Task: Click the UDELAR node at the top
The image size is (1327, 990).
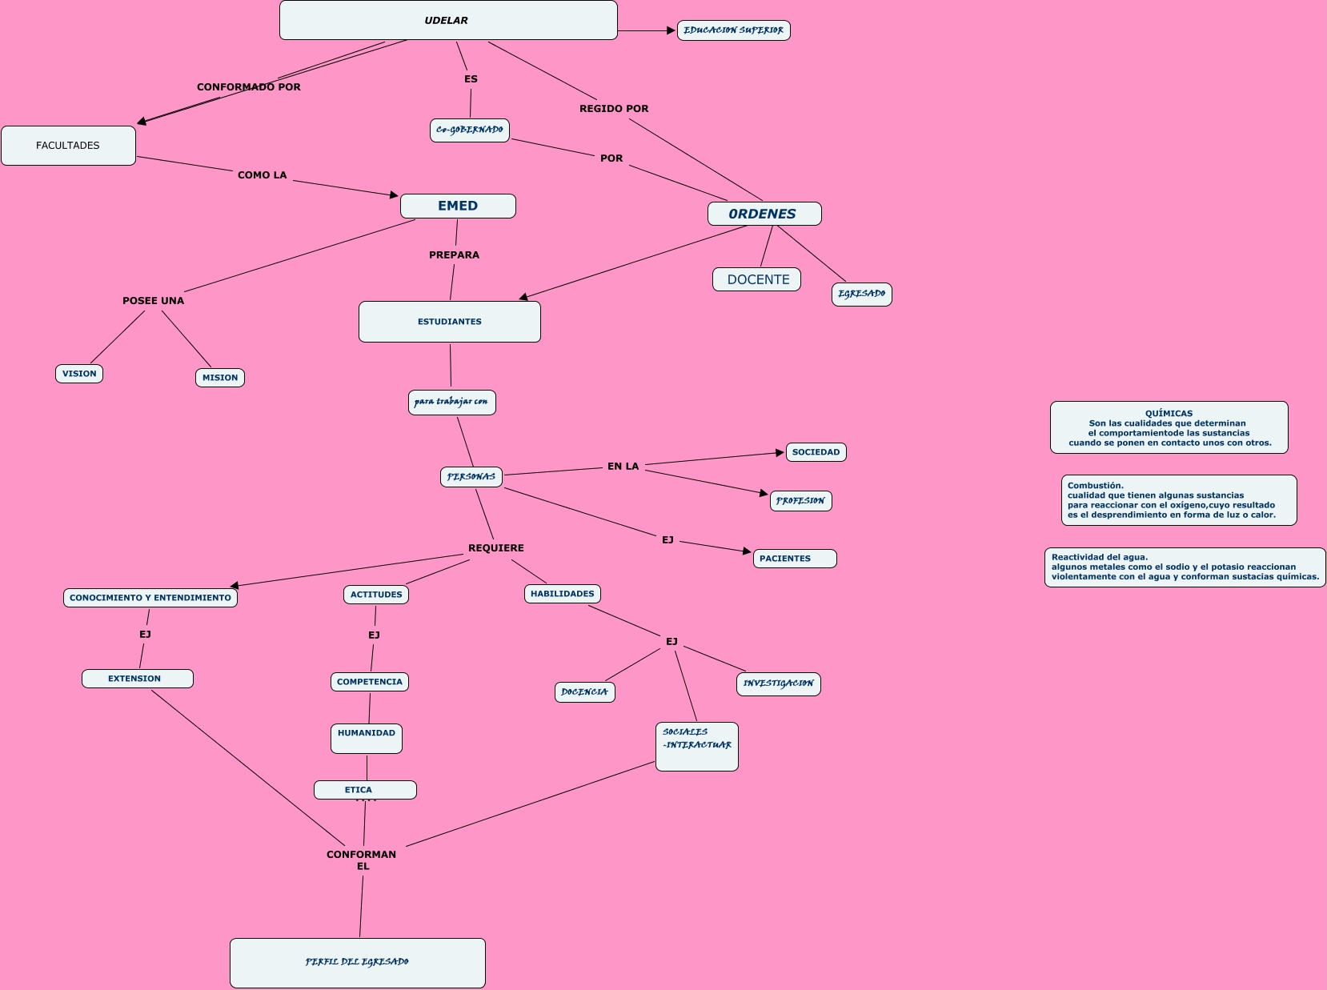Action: [447, 20]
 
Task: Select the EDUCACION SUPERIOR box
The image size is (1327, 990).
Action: [733, 30]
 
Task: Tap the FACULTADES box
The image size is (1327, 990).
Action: [68, 146]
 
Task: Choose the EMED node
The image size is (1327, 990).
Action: [458, 206]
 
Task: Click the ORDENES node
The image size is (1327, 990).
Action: [764, 214]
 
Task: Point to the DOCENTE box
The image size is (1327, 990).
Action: [757, 279]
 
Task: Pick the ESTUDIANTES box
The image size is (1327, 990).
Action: [450, 322]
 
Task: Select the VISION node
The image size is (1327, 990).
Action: [79, 374]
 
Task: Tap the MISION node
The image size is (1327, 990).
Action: [220, 378]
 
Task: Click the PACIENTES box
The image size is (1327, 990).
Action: [794, 559]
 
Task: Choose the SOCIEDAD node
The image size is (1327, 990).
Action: [816, 452]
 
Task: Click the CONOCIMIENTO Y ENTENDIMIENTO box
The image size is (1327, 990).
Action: [150, 598]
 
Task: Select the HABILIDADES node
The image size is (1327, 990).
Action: [563, 594]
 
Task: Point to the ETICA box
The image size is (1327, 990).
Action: [365, 790]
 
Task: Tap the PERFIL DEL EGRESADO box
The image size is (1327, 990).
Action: [357, 962]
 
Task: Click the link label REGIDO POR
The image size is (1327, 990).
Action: [614, 109]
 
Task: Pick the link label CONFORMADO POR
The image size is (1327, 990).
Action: [249, 87]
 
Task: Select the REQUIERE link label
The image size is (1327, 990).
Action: [496, 548]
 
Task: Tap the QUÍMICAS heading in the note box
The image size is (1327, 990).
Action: [1169, 414]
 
